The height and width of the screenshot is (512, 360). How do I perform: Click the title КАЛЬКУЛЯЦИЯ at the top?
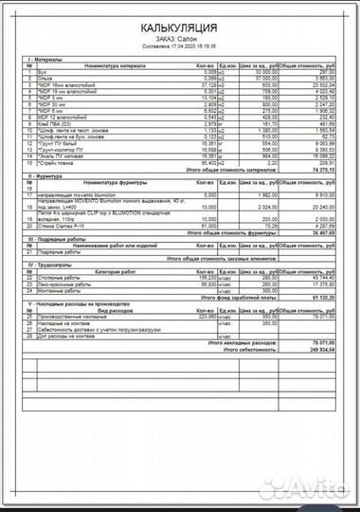point(180,29)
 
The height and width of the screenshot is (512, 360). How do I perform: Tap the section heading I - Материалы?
point(46,60)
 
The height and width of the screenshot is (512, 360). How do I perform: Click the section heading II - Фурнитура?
point(47,176)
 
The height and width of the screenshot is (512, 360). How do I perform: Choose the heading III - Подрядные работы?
point(57,239)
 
